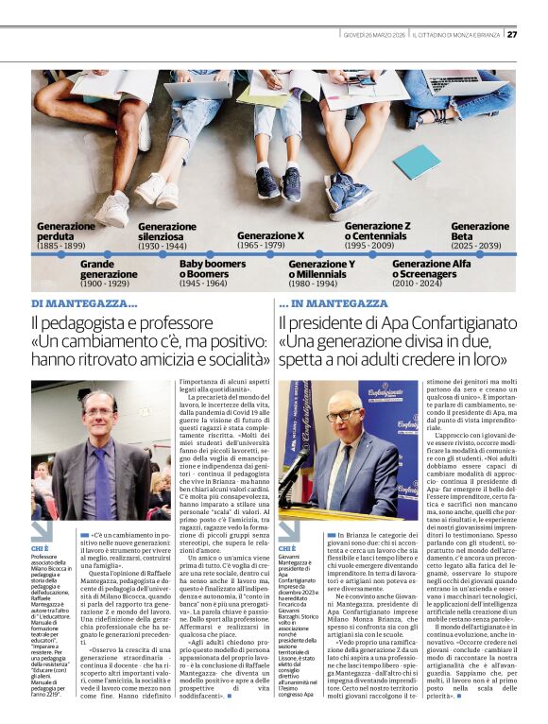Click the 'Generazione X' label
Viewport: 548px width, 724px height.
270,235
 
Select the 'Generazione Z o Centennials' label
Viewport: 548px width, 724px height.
377,232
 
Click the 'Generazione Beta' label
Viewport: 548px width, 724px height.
480,232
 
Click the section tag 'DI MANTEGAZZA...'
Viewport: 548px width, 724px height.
84,304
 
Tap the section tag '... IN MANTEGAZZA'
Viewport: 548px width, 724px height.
334,304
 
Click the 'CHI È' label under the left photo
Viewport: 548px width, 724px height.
40,548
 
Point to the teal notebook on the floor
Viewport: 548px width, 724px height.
416,161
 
